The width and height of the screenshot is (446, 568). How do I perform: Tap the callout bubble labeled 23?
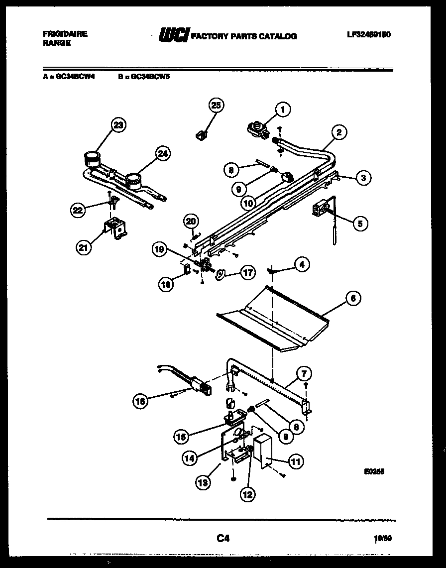click(x=117, y=125)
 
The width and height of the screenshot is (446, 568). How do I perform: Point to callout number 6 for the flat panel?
click(x=352, y=298)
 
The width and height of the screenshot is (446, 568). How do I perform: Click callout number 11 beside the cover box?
click(x=296, y=461)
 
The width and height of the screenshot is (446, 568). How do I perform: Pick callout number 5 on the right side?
click(x=359, y=224)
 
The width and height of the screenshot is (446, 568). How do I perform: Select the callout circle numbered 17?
click(x=247, y=272)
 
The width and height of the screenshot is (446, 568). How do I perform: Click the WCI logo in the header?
click(x=173, y=35)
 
